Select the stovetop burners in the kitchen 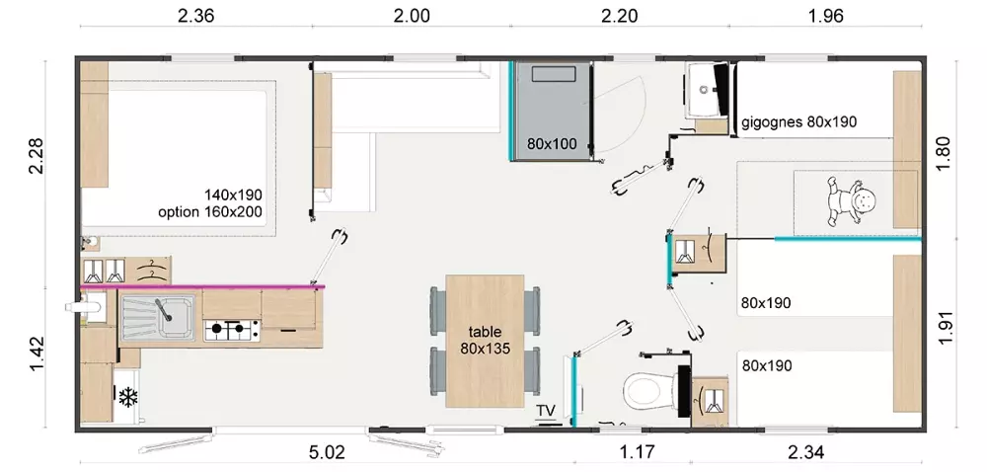(232, 329)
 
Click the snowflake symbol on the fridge (128, 397)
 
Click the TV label (546, 411)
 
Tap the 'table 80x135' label (485, 340)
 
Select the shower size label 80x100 (552, 144)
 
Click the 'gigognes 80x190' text (798, 122)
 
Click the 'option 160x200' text (209, 211)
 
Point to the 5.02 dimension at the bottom (328, 452)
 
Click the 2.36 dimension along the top (195, 16)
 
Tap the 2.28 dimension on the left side (36, 155)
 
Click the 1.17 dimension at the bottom (637, 452)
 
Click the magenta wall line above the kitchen (202, 287)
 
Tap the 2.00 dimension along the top (412, 16)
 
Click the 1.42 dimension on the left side (36, 354)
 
